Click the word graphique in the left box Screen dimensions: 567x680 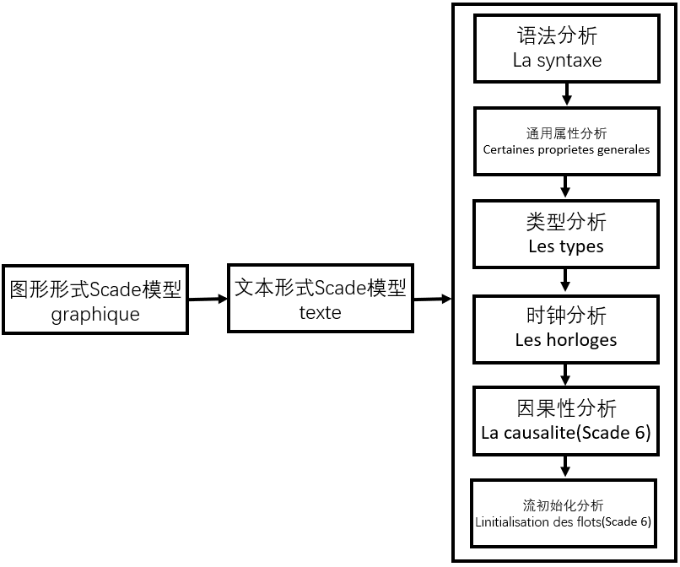click(x=95, y=315)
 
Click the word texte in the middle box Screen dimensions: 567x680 click(x=320, y=312)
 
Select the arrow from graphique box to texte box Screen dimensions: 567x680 click(x=208, y=299)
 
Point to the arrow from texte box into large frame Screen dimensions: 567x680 click(x=431, y=299)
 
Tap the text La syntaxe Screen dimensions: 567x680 click(x=557, y=61)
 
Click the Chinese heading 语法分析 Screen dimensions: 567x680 click(x=557, y=36)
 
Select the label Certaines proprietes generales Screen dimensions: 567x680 click(x=566, y=150)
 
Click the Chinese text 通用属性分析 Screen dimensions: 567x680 click(x=566, y=133)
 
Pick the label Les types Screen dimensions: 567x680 click(x=565, y=247)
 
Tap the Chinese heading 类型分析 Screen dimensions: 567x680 click(x=565, y=223)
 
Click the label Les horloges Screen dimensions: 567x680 click(x=565, y=340)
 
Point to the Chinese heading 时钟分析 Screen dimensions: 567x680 click(x=565, y=316)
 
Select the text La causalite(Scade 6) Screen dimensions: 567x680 click(x=565, y=433)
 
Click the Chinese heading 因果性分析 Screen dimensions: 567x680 click(x=565, y=408)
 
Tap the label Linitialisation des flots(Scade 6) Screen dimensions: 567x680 click(x=564, y=521)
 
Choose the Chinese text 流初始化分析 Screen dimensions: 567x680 click(x=564, y=505)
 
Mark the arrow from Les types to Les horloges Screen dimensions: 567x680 click(x=565, y=280)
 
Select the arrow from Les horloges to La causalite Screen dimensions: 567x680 click(x=565, y=373)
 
